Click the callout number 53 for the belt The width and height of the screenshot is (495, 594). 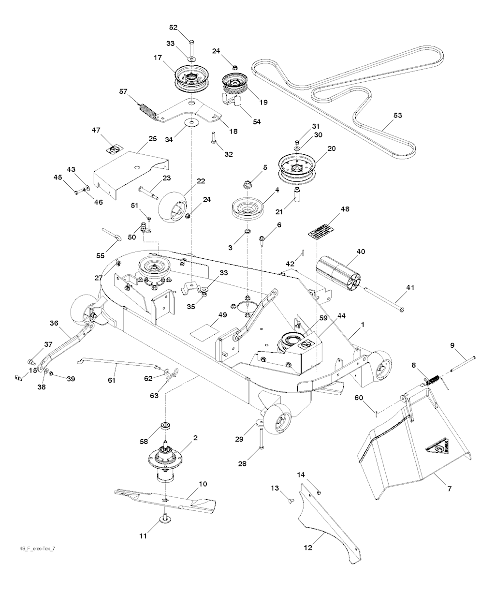[x=398, y=115]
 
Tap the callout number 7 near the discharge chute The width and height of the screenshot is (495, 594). [x=449, y=489]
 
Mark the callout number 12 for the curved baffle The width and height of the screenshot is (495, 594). [x=308, y=548]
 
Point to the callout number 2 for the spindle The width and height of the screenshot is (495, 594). [x=195, y=438]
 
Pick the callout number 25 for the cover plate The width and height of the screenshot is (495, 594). [x=152, y=139]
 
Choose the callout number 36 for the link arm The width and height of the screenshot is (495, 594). [x=54, y=323]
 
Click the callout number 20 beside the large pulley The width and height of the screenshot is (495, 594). [x=331, y=148]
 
